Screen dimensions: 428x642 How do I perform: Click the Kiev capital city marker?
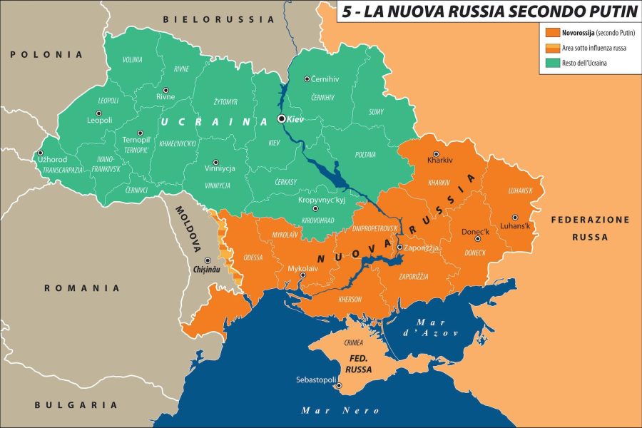coord(282,119)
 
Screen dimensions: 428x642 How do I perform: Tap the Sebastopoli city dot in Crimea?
coord(340,387)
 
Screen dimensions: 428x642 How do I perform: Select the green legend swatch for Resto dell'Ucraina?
coord(551,63)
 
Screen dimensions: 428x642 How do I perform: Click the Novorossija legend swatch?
coord(551,33)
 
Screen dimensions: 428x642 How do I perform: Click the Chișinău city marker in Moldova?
coord(208,260)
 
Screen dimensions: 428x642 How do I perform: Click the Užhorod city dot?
coord(39,152)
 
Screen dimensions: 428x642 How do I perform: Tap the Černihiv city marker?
coord(306,79)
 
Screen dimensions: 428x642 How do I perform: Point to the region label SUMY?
coord(377,112)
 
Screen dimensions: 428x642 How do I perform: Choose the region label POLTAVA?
coord(365,154)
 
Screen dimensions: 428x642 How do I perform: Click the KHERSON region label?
coord(350,299)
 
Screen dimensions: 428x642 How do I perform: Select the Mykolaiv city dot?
coord(303,275)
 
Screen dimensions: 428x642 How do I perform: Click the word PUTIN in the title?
coord(606,11)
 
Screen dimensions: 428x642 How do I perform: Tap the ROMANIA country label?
coord(82,288)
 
